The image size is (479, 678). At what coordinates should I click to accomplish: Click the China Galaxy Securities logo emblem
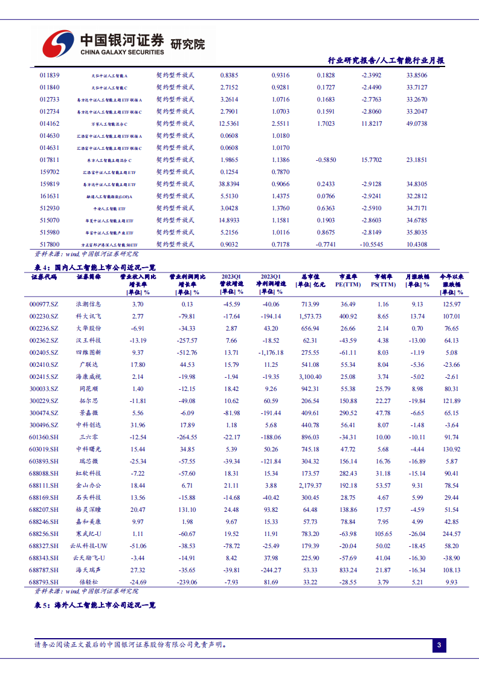point(58,44)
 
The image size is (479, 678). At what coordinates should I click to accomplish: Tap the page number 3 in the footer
point(439,646)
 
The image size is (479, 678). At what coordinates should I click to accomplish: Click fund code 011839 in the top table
point(50,75)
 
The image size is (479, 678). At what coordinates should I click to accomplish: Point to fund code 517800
point(50,244)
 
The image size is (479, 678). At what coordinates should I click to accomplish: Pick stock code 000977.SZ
point(43,304)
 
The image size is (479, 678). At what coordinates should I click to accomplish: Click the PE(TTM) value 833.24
point(347,570)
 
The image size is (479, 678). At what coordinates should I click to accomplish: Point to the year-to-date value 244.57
point(451,534)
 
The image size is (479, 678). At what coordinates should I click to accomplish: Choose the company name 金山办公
point(89,485)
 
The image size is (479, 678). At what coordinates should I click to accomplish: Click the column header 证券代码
point(43,277)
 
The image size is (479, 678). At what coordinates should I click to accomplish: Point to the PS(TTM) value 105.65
point(383,534)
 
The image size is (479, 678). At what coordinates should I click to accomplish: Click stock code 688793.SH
point(43,582)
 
